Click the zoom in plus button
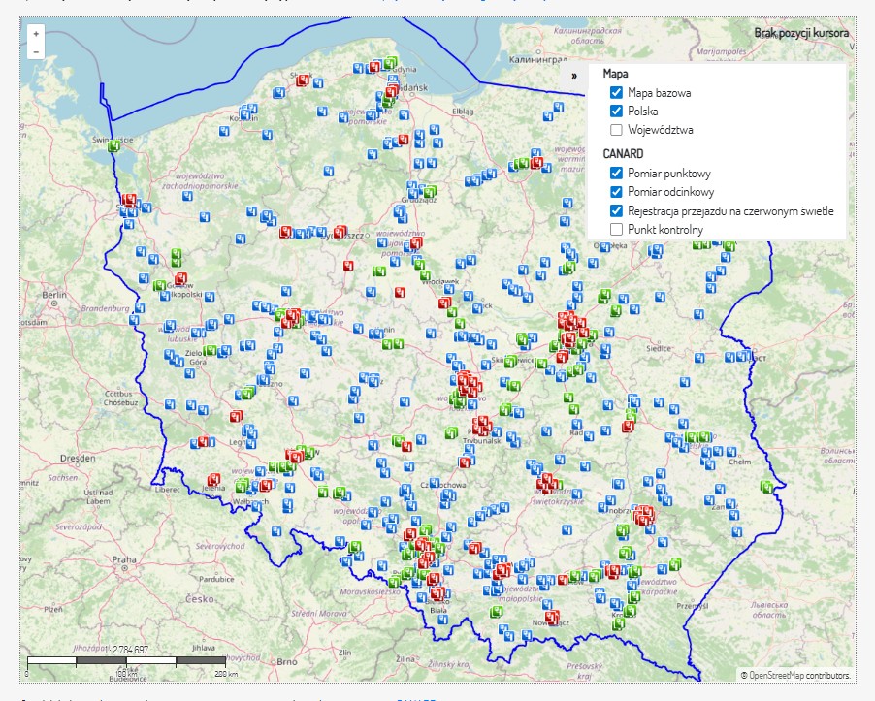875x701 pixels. [36, 33]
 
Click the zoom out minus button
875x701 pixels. [36, 50]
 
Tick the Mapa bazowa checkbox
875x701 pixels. [616, 92]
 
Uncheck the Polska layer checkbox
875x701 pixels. [616, 111]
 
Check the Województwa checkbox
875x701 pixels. [616, 129]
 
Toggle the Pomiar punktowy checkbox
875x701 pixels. [616, 173]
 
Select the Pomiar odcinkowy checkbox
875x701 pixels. [616, 191]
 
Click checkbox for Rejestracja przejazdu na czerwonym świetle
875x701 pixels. [616, 210]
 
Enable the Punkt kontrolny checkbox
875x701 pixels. [616, 229]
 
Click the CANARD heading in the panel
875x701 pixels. [623, 153]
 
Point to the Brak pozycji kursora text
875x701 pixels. [801, 33]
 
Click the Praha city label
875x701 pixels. [123, 559]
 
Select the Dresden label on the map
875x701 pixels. [75, 457]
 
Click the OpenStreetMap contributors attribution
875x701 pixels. [794, 674]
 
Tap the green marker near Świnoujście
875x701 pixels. [114, 146]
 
